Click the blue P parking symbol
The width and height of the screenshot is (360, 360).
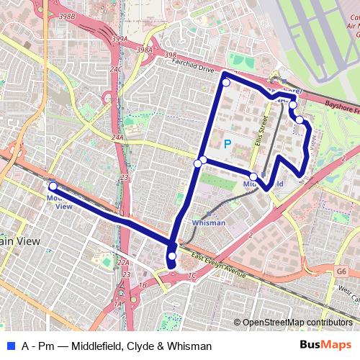click(228, 144)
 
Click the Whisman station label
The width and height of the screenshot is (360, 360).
click(209, 223)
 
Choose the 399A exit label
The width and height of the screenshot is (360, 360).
click(120, 40)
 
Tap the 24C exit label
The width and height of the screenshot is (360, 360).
click(115, 69)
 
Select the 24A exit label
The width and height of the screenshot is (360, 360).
click(118, 136)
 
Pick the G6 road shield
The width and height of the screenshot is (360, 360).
click(341, 272)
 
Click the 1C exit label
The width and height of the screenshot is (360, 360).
click(191, 276)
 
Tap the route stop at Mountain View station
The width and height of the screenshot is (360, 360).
click(53, 186)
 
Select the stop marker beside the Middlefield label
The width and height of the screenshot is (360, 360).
click(253, 176)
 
